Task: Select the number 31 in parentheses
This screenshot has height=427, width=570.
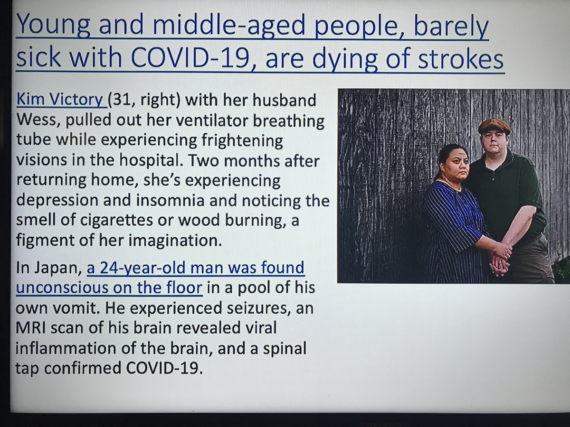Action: pyautogui.click(x=121, y=100)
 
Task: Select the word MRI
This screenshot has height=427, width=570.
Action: pyautogui.click(x=30, y=328)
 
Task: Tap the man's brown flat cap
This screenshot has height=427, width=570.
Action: pyautogui.click(x=494, y=126)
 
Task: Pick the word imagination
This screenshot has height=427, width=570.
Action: pyautogui.click(x=173, y=241)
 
